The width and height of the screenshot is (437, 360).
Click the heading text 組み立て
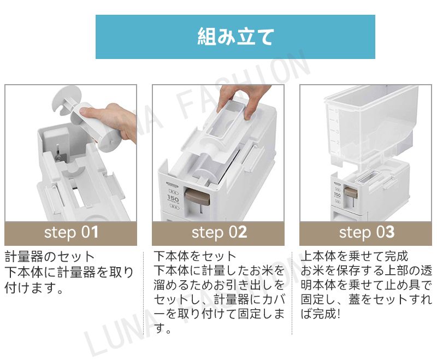[235, 37]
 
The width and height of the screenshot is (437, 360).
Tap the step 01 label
[71, 232]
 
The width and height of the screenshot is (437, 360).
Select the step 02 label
[219, 232]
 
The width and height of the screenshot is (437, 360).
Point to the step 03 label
[367, 232]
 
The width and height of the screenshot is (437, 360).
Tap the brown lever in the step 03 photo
[350, 192]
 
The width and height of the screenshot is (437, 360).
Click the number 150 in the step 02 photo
[173, 198]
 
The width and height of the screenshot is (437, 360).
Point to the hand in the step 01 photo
[111, 120]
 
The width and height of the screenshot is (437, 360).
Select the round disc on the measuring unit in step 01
[66, 101]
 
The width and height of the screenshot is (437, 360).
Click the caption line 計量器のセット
[50, 257]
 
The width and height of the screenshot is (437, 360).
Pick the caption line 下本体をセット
[195, 256]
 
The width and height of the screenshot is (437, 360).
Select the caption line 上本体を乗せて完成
[355, 256]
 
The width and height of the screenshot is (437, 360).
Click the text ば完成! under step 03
[321, 314]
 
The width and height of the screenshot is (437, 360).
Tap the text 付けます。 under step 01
[34, 287]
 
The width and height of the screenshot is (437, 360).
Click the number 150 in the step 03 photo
[337, 195]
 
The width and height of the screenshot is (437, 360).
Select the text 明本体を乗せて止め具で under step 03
[366, 285]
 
